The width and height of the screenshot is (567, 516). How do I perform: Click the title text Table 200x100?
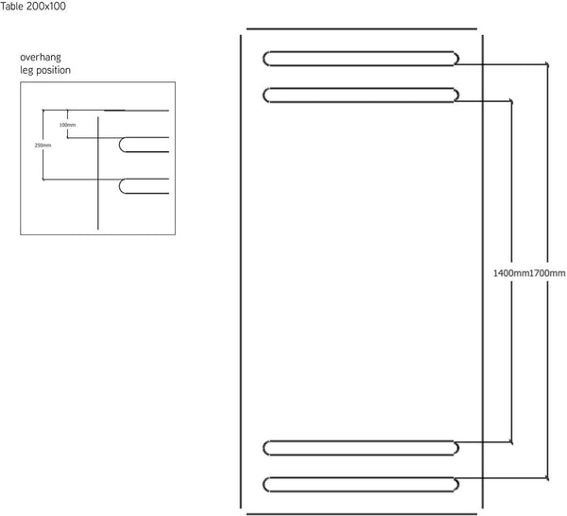[x=33, y=7]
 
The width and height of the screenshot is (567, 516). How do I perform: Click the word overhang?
[x=41, y=57]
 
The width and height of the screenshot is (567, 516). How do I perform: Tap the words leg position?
[x=45, y=70]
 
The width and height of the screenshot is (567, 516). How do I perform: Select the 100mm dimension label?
[x=68, y=125]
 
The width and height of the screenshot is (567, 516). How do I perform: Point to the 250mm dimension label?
[x=43, y=145]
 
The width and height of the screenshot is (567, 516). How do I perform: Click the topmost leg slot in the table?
[x=361, y=59]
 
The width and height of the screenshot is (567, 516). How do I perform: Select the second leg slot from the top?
[x=361, y=95]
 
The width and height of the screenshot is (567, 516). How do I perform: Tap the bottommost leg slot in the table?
[x=361, y=485]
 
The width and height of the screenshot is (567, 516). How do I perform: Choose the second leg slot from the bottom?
[x=361, y=448]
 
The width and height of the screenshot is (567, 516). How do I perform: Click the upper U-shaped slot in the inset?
[x=120, y=145]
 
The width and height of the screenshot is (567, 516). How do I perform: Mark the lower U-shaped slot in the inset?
[x=120, y=186]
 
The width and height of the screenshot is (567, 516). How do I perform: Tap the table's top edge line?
[x=362, y=28]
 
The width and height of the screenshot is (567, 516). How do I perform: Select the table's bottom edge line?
[x=362, y=513]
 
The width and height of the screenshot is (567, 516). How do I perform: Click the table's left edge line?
[x=241, y=271]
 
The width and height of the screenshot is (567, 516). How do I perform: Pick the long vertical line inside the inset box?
[x=98, y=173]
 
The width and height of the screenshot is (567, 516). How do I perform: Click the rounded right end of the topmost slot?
[x=457, y=59]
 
